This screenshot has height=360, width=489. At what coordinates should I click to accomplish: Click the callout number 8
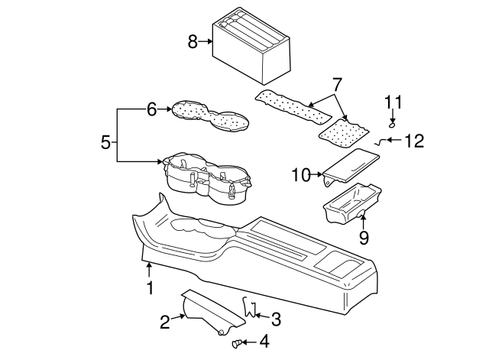tap(193, 41)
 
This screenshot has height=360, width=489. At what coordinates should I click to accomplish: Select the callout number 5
tap(105, 141)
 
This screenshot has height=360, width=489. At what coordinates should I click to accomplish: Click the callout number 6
tap(151, 110)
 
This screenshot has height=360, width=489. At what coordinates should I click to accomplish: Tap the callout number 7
tap(334, 83)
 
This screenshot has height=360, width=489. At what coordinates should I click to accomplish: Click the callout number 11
tap(392, 102)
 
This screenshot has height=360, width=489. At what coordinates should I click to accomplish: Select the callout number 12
tap(413, 141)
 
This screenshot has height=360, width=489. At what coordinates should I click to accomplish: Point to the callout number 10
tap(299, 176)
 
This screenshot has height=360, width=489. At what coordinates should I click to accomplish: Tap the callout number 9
tap(364, 238)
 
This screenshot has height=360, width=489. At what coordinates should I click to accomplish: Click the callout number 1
tap(150, 287)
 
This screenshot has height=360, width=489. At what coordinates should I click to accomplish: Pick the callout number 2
tap(165, 323)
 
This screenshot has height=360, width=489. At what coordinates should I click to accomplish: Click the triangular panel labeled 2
tap(208, 311)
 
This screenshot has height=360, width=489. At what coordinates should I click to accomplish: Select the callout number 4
tap(264, 342)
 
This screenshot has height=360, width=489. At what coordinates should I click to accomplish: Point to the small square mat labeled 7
tap(342, 131)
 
